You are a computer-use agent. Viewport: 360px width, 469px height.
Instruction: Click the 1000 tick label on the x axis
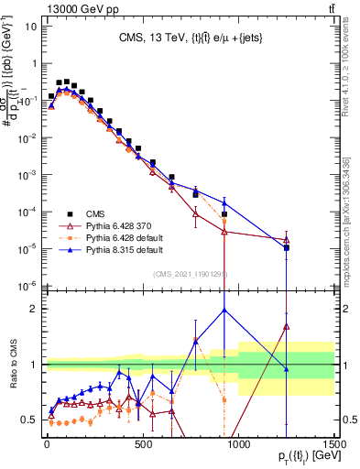coord(238,444)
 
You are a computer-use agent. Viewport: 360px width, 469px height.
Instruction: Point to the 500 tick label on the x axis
coord(142,444)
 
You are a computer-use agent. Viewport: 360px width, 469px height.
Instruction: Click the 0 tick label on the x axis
coord(47,444)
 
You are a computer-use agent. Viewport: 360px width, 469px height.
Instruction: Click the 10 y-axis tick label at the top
coord(29,26)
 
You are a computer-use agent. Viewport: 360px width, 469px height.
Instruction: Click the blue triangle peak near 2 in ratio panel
coord(224,310)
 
